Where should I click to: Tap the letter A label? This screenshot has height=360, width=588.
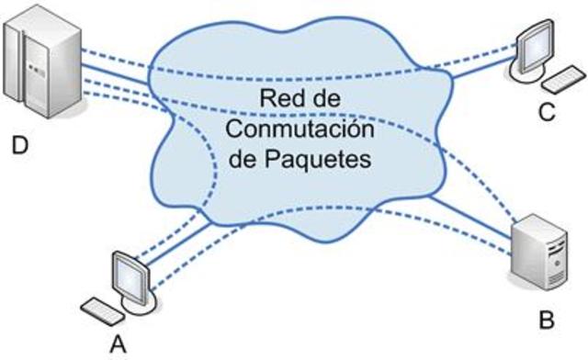tap(117, 342)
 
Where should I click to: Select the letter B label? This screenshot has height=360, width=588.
tap(545, 320)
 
